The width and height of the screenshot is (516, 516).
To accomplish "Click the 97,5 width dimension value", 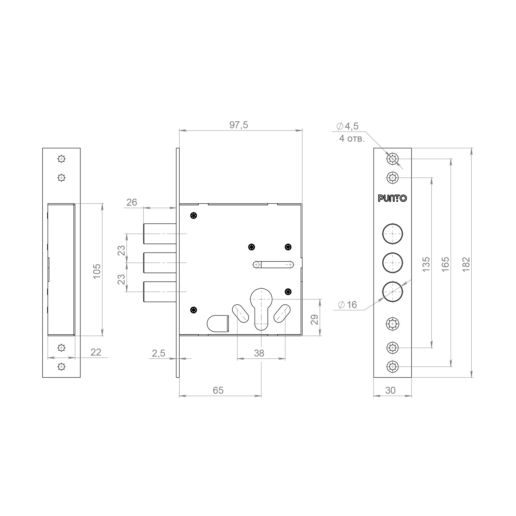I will coord(238,125).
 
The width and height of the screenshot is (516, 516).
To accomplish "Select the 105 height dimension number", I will coord(97,271).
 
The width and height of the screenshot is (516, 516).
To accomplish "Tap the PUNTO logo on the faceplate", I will coord(392,198).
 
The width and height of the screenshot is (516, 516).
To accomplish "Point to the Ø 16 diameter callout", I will coord(347,305).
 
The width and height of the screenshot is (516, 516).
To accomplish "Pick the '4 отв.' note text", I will coord(351,139).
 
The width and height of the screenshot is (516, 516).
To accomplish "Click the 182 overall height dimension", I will coord(466,264).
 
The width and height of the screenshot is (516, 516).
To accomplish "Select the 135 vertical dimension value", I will coord(426,264).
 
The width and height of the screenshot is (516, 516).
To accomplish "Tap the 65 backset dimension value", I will coord(218,390).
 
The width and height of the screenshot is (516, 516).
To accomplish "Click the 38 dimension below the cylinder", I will coord(259,353).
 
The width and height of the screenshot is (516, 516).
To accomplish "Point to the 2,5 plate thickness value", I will coord(158,353).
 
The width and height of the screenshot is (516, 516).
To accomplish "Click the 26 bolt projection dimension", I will coord(132,203).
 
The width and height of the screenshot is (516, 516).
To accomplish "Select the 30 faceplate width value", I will coord(390,390).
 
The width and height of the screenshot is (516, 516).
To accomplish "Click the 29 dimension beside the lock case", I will coord(315,319).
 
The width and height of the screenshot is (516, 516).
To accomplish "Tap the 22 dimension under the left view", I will coord(96,352).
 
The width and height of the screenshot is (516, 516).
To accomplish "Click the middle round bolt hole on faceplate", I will coord(392,263).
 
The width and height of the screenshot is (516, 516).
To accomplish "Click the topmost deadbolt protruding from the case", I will coord(160,234).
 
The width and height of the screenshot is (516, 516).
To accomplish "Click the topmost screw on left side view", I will coord(62,159).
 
